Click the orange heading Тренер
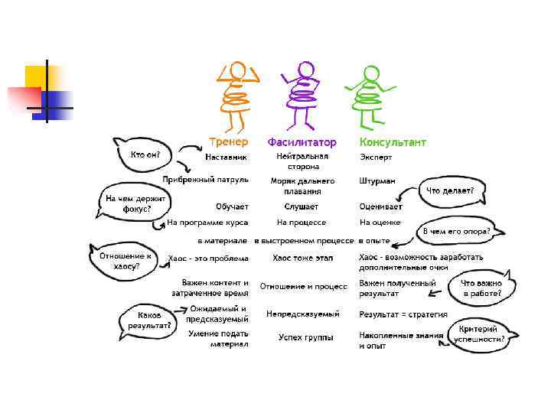[x=229, y=141]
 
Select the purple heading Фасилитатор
[x=302, y=142]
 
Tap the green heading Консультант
[x=393, y=142]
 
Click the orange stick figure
[x=237, y=96]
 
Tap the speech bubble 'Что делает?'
[x=450, y=190]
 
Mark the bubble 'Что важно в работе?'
[x=480, y=288]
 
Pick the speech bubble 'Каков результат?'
[x=148, y=320]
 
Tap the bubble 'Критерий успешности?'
[x=482, y=333]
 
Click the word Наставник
[x=226, y=157]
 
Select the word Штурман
[x=377, y=181]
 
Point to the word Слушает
[x=302, y=206]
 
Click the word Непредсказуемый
[x=303, y=314]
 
